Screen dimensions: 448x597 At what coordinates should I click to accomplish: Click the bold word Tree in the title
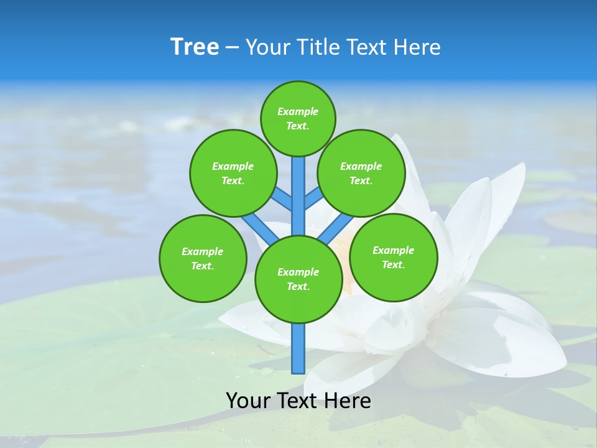click(195, 47)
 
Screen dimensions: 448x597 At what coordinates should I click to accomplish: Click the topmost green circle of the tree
click(298, 118)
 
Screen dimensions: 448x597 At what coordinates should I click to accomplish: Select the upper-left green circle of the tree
click(233, 173)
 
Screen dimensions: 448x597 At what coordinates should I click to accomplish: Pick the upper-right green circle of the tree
click(361, 173)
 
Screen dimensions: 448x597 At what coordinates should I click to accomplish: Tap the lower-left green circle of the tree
click(203, 258)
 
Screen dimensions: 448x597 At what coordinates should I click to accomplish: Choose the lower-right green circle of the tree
click(393, 257)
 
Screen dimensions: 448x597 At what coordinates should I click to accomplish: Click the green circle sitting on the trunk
click(298, 279)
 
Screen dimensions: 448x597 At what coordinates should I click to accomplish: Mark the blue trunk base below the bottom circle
click(298, 348)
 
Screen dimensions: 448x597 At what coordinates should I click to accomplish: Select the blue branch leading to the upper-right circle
click(313, 198)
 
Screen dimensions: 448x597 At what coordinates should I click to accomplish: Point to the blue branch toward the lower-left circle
click(260, 228)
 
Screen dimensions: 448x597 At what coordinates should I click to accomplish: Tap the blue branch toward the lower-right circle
click(336, 228)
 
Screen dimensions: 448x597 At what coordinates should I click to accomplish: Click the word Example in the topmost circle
click(298, 111)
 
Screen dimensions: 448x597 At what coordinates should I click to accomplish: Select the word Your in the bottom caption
click(248, 401)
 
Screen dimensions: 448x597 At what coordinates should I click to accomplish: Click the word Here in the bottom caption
click(349, 401)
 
